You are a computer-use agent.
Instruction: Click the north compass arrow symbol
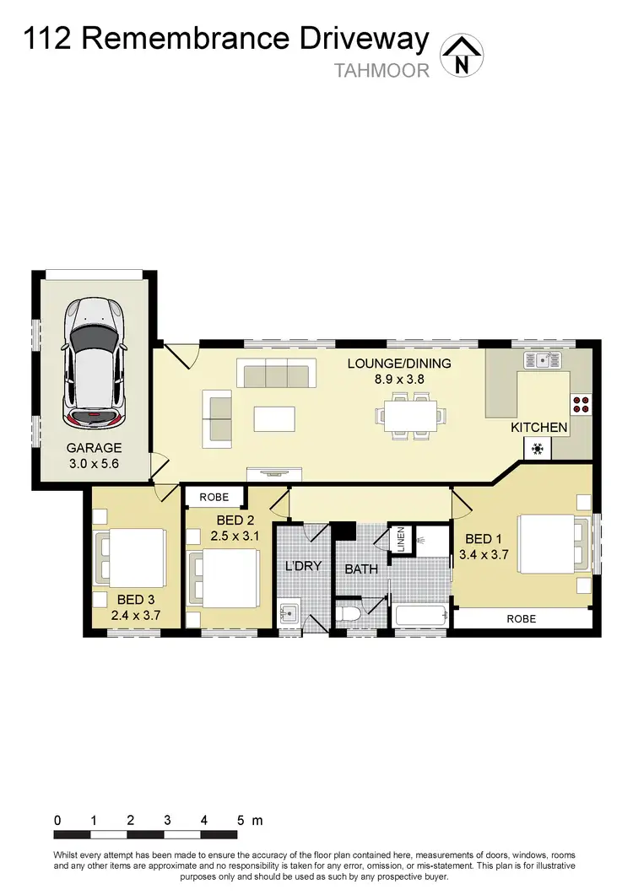pos(460,55)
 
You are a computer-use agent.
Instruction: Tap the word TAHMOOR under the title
pos(382,71)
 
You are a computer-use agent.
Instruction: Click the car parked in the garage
pos(95,363)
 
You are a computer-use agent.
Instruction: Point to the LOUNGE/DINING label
pos(399,364)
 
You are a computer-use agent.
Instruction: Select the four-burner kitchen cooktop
pos(581,404)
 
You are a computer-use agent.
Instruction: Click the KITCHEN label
pos(539,428)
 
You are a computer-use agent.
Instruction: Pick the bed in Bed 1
pos(552,542)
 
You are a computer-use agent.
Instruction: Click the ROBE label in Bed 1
pos(521,618)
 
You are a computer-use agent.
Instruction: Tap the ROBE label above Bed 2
pos(214,497)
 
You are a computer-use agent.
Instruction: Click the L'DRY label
pos(302,566)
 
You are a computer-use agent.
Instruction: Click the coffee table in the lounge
pos(275,418)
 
